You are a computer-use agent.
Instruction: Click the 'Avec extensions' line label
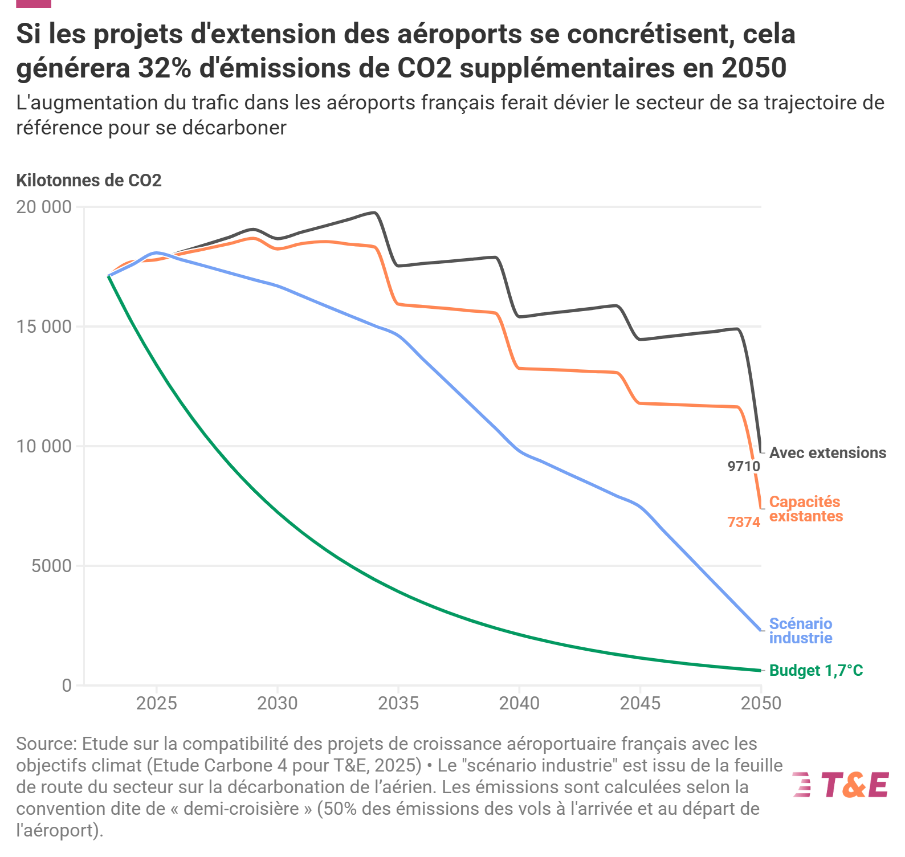[x=827, y=453]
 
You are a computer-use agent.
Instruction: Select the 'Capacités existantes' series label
[x=805, y=509]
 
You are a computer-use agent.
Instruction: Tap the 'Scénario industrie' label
[x=800, y=631]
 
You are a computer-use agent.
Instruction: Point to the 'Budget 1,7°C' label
[x=816, y=671]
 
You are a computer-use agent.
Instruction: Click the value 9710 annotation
[x=744, y=467]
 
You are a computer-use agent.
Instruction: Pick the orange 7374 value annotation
[x=744, y=522]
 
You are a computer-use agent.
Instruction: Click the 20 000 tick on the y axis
[x=44, y=207]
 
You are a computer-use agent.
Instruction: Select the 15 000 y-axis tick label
[x=44, y=327]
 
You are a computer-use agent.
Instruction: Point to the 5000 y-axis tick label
[x=51, y=566]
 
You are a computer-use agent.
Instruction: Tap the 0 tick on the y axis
[x=67, y=685]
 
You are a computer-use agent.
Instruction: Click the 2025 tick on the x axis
[x=157, y=704]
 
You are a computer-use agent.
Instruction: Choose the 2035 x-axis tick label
[x=398, y=704]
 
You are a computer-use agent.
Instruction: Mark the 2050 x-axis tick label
[x=761, y=704]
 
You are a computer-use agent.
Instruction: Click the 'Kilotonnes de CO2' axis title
[x=89, y=181]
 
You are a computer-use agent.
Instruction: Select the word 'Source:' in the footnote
[x=46, y=744]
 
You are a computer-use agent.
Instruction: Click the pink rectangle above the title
[x=34, y=3]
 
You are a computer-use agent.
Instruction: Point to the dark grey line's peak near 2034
[x=374, y=213]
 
